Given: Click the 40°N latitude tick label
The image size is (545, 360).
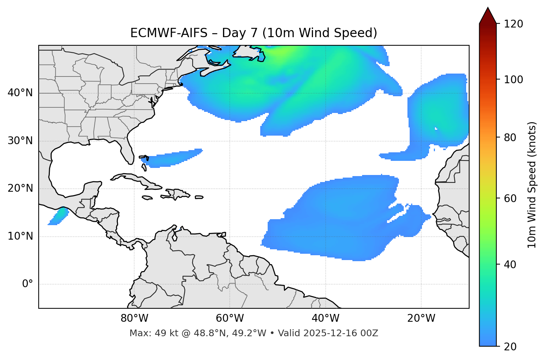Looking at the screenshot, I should (20, 93).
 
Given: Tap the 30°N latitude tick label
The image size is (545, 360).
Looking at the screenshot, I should (20, 141).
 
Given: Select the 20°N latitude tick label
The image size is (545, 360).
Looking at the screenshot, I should (20, 189).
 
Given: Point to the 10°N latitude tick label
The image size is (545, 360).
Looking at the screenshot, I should (20, 236).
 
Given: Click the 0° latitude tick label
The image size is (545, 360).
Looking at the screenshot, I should (28, 284).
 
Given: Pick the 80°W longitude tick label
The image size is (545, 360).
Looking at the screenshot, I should (134, 318).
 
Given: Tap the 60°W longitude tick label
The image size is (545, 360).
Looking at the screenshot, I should (230, 318).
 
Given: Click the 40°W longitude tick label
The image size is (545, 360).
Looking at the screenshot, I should (325, 318).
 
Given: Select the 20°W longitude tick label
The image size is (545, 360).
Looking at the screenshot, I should (421, 318).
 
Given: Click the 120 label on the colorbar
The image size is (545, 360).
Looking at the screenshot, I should (513, 24).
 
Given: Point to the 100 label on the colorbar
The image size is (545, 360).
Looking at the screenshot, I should (513, 80).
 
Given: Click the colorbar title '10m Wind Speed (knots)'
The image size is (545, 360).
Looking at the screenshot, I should (532, 185).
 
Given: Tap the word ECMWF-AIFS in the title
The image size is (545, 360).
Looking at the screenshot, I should (169, 33).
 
